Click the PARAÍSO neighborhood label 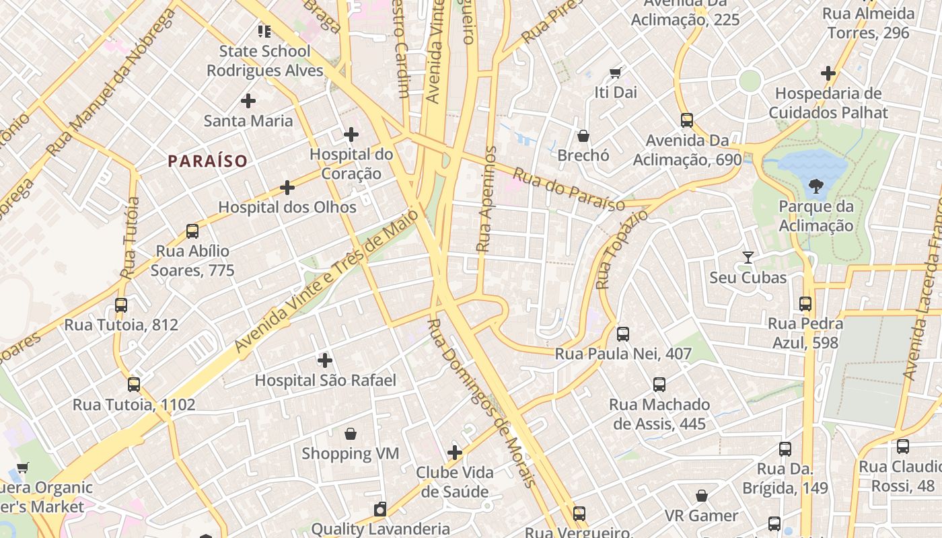point(208,161)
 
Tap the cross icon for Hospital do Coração point(351,134)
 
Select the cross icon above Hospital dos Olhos point(287,187)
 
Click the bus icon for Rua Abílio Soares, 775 point(192,231)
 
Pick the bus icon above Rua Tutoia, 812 point(121,305)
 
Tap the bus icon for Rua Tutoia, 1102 point(134,385)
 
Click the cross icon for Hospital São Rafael point(325,360)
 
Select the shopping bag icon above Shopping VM point(350,434)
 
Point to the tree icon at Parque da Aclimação point(816,186)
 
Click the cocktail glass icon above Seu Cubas point(748,258)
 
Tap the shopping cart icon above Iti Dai point(615,73)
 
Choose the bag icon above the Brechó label point(583,136)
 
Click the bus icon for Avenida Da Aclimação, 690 point(686,120)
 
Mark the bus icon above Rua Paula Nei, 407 point(623,334)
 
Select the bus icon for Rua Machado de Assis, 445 point(659,385)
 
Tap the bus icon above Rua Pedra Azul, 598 point(805,304)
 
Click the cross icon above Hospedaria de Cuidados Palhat point(828,73)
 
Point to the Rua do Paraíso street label point(569,190)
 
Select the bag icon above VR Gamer point(702,496)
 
